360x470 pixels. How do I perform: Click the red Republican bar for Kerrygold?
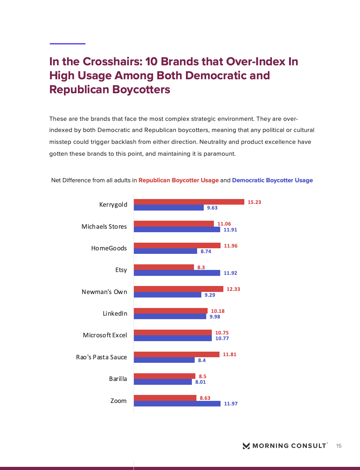[x=189, y=202]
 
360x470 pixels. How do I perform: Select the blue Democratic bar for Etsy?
[x=177, y=273]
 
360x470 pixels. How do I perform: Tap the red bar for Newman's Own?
[x=178, y=289]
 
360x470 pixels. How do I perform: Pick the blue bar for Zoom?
[x=177, y=404]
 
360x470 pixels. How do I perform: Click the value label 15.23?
[x=254, y=202]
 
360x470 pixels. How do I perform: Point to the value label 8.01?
[x=200, y=382]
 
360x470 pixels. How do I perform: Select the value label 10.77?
[x=222, y=338]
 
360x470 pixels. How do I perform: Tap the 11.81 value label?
[x=229, y=354]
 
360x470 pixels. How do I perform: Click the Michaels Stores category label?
[x=104, y=227]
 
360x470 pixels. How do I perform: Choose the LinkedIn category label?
[x=115, y=314]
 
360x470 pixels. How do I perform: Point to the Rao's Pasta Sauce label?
[x=101, y=357]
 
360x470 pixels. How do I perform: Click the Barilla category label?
[x=118, y=379]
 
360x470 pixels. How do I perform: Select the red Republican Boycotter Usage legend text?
[x=178, y=180]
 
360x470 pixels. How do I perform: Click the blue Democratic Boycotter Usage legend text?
[x=272, y=180]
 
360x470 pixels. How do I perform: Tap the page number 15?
[x=339, y=446]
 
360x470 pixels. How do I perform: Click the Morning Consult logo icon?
[x=246, y=446]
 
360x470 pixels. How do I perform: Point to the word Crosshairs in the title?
[x=112, y=61]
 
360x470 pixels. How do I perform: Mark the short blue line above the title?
[x=67, y=44]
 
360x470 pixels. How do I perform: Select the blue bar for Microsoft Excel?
[x=173, y=338]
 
